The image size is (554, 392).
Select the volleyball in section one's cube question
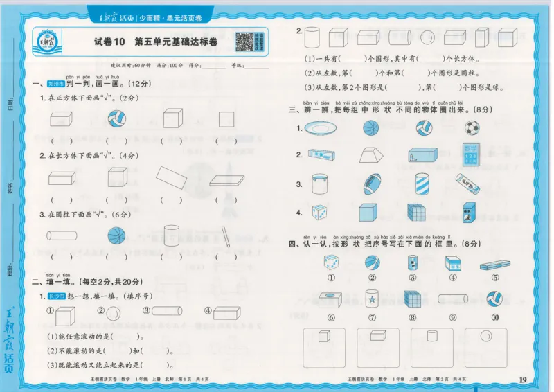[x=117, y=120]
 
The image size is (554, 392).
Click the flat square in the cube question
[x=226, y=119]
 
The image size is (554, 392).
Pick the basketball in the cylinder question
[x=116, y=235]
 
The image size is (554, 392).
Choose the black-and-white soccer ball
[x=472, y=128]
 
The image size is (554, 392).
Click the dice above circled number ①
[x=331, y=263]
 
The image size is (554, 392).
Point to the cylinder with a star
[x=373, y=299]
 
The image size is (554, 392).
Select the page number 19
[x=523, y=379]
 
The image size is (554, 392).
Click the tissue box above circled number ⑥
[x=330, y=299]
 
